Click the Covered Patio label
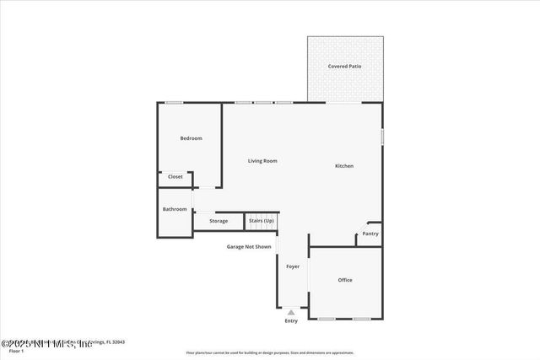pyautogui.click(x=344, y=66)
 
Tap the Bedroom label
pyautogui.click(x=191, y=138)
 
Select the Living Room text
pyautogui.click(x=262, y=161)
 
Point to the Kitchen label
pyautogui.click(x=344, y=166)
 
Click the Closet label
pyautogui.click(x=175, y=177)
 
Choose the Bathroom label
pyautogui.click(x=175, y=209)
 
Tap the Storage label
pyautogui.click(x=219, y=221)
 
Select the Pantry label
pyautogui.click(x=370, y=234)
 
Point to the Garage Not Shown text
pyautogui.click(x=248, y=247)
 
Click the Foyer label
pyautogui.click(x=293, y=266)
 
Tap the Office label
pyautogui.click(x=345, y=280)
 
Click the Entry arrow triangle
pyautogui.click(x=291, y=313)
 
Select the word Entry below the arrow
pyautogui.click(x=291, y=321)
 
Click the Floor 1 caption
pyautogui.click(x=16, y=351)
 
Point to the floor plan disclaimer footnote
pyautogui.click(x=269, y=353)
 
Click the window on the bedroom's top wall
pyautogui.click(x=174, y=103)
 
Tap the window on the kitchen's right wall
pyautogui.click(x=382, y=136)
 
